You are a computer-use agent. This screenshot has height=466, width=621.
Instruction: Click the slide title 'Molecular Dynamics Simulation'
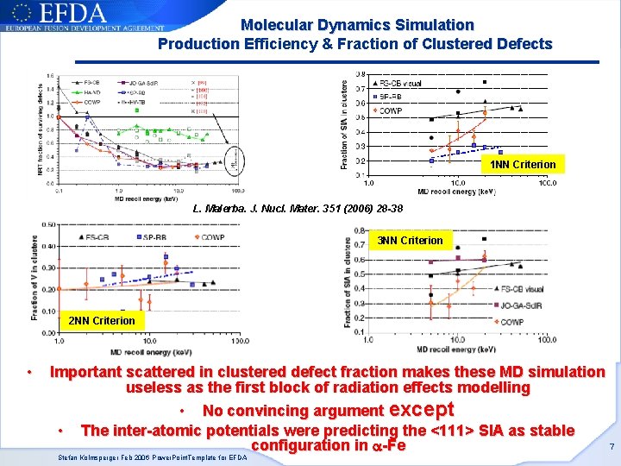[356, 26]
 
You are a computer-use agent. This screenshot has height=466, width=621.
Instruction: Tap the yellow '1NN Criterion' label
[523, 164]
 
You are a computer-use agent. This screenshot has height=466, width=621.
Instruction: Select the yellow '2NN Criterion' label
[102, 321]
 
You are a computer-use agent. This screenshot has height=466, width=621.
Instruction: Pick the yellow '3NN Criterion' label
[411, 241]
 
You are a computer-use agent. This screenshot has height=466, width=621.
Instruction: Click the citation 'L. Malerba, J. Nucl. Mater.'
[298, 209]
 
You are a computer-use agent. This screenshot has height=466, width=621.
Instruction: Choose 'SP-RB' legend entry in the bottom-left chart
[154, 236]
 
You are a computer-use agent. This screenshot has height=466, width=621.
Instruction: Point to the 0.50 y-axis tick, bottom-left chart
[47, 224]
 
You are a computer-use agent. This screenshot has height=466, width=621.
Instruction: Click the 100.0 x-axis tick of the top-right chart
[545, 183]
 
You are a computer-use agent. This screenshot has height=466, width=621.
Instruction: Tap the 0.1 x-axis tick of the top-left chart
[57, 190]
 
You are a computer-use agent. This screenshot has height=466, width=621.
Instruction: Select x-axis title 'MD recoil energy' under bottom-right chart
[456, 349]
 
